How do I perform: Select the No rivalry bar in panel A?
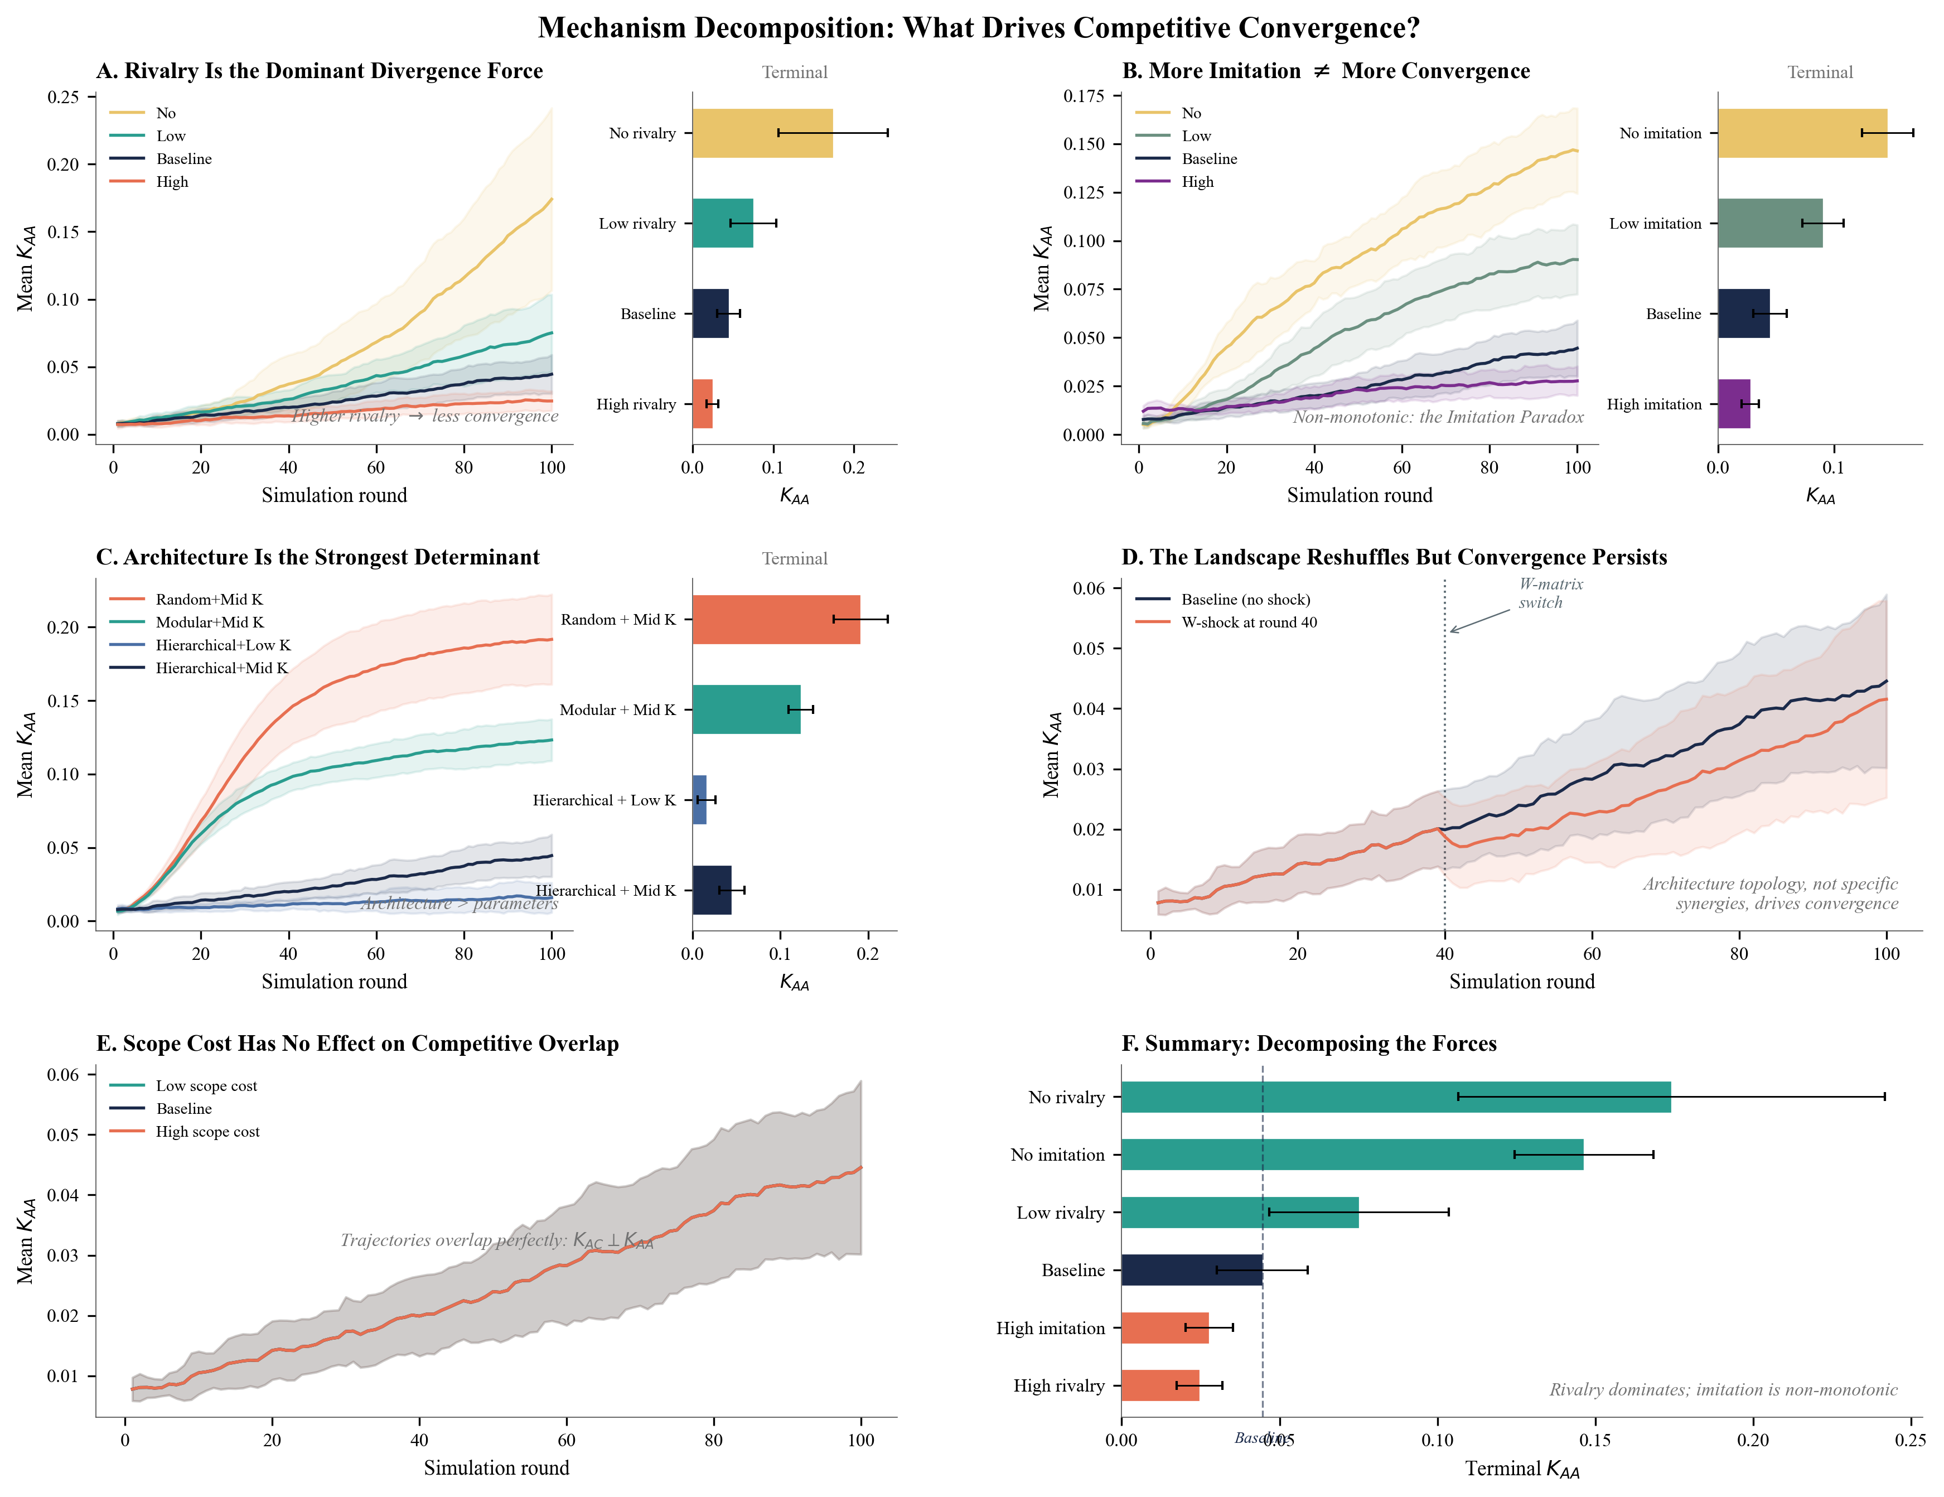(762, 133)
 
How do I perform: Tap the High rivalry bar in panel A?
(702, 404)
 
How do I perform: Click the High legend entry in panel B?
(1197, 182)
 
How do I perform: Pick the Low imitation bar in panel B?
(1769, 224)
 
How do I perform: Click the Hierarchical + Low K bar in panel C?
(700, 800)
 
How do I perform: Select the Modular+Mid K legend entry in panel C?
(209, 622)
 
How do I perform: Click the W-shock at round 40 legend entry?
(1248, 622)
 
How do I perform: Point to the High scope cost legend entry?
(207, 1131)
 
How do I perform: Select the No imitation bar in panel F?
(1351, 1155)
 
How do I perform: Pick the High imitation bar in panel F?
(1164, 1328)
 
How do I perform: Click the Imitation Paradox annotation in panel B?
(1438, 417)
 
